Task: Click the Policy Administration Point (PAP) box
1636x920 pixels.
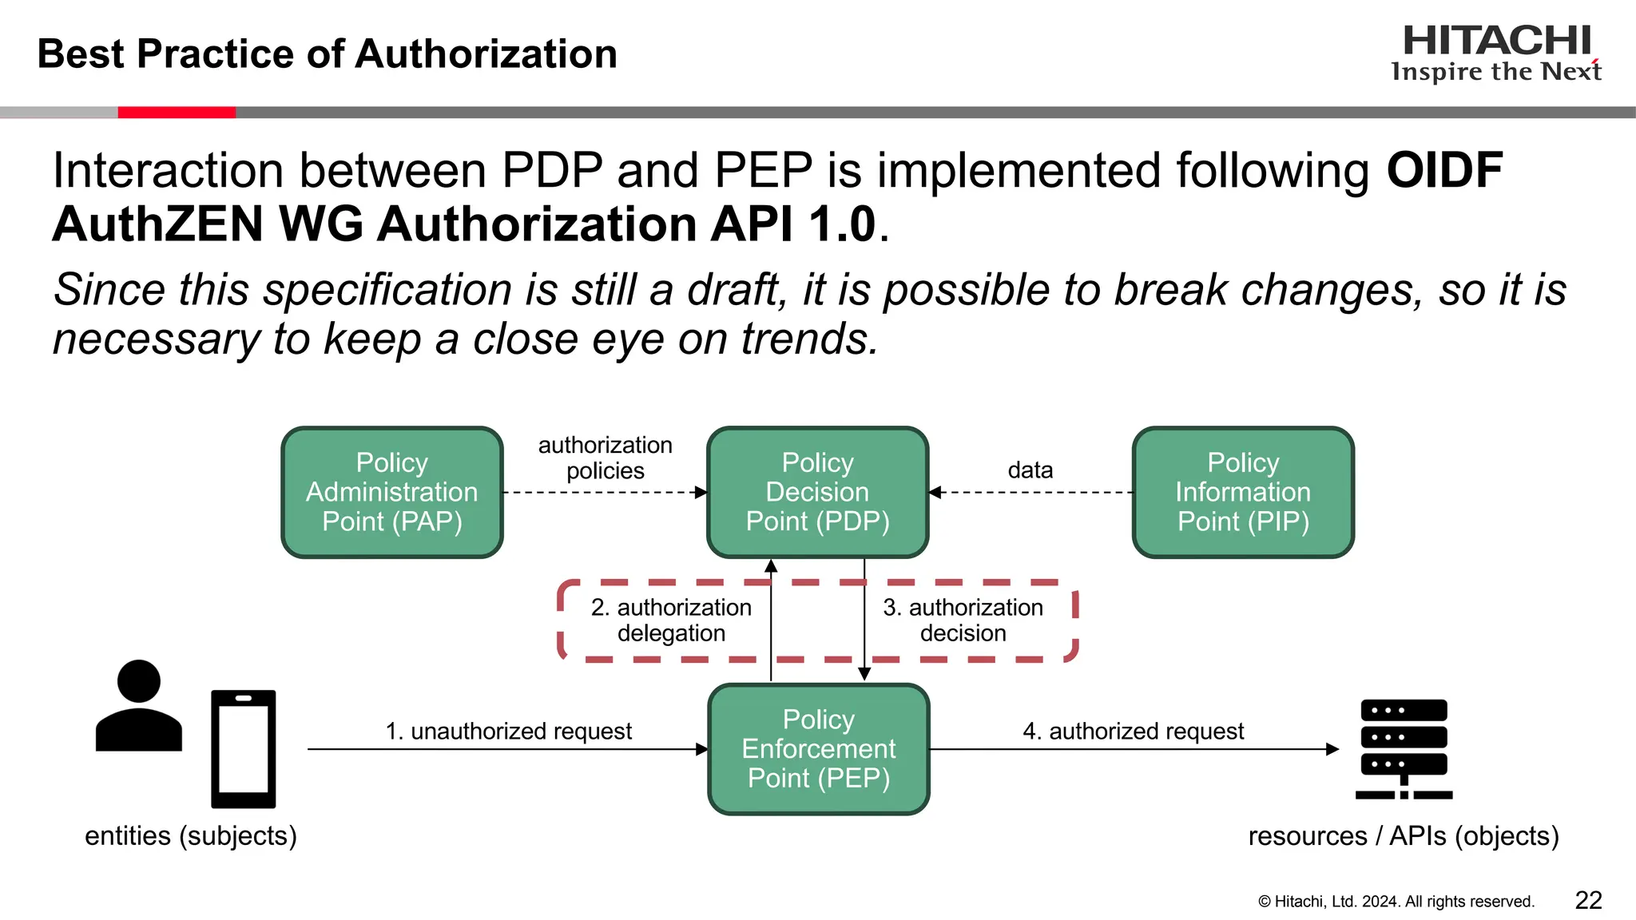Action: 392,492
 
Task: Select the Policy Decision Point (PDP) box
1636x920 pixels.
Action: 817,492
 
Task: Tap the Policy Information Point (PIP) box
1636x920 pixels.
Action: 1243,492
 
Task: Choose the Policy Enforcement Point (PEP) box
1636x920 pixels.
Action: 819,749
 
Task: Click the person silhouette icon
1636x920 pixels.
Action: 139,706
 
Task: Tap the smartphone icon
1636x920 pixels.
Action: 244,749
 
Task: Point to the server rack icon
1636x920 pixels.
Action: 1404,748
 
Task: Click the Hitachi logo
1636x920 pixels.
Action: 1496,53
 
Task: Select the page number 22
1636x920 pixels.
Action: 1588,900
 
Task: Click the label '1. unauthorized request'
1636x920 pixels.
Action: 508,731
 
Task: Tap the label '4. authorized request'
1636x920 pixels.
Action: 1133,731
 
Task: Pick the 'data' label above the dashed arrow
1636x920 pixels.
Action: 1030,470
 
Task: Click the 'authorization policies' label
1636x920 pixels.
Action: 605,458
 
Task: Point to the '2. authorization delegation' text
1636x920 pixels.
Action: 671,620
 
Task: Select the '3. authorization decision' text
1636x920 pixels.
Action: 963,620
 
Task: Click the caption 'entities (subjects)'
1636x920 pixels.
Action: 191,835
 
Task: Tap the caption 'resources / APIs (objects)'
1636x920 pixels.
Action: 1404,835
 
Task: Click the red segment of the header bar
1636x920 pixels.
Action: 177,113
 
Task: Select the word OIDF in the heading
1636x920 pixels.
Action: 1444,170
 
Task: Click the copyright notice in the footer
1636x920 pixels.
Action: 1396,902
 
